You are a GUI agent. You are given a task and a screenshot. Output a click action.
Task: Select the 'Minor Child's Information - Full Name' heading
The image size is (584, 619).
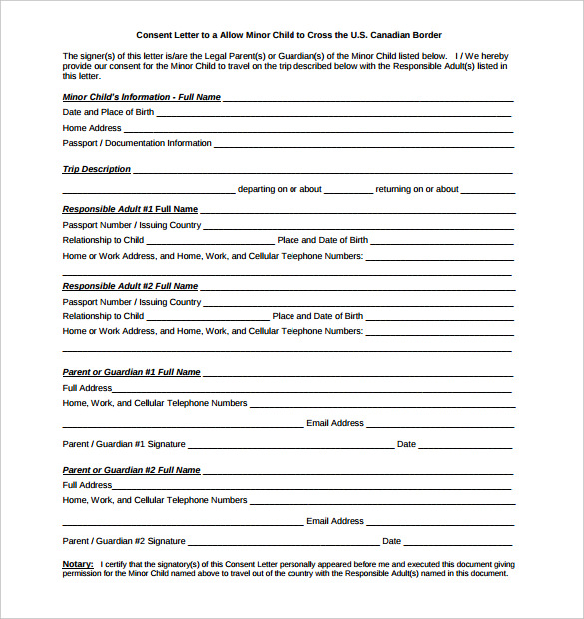(x=141, y=97)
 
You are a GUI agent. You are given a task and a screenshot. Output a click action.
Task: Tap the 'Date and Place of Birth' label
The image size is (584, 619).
(x=108, y=112)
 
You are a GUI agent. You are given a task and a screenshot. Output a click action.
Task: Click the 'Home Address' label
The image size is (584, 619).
(x=92, y=128)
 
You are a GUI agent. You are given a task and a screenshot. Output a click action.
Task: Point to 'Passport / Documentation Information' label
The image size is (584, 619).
(x=137, y=143)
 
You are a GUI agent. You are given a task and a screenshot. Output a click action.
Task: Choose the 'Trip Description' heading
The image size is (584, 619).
(x=96, y=169)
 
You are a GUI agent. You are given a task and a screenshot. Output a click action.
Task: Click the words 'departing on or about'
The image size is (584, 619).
(x=280, y=189)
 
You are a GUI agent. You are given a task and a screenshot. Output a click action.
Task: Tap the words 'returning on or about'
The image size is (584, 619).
(x=417, y=189)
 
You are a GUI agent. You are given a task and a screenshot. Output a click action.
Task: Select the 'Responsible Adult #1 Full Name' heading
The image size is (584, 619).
(x=130, y=209)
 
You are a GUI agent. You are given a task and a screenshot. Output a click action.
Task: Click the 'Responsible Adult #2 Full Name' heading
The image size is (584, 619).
(x=130, y=286)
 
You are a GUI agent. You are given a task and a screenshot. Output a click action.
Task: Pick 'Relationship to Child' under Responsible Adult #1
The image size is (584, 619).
(x=103, y=240)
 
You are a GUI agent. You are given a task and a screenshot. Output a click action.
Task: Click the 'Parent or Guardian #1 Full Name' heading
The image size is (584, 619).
(x=131, y=372)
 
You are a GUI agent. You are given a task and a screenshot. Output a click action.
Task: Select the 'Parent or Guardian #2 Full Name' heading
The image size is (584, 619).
(x=131, y=470)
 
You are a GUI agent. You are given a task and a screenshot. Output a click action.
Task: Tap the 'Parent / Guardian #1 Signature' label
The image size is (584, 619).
(x=124, y=444)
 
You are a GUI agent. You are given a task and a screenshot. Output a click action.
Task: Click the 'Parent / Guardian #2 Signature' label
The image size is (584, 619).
(x=124, y=541)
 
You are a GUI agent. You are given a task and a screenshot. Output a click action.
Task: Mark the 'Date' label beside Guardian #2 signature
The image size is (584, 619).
(x=391, y=541)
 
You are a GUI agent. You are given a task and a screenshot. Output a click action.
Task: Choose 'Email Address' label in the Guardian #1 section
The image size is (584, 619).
(x=335, y=423)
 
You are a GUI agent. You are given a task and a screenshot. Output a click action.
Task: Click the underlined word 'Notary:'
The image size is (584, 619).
(x=78, y=564)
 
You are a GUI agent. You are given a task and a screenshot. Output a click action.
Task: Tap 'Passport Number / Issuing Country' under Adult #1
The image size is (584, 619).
(x=132, y=225)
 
